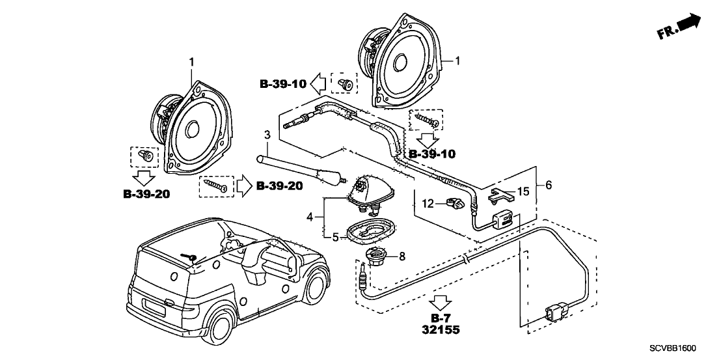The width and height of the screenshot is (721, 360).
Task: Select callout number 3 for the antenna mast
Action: pyautogui.click(x=266, y=135)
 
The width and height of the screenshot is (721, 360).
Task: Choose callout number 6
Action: pyautogui.click(x=548, y=186)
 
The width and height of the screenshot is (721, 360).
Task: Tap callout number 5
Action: pyautogui.click(x=336, y=237)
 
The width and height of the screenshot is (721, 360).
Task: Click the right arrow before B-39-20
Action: pyautogui.click(x=242, y=186)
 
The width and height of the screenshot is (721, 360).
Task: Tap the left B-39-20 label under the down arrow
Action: pyautogui.click(x=146, y=195)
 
